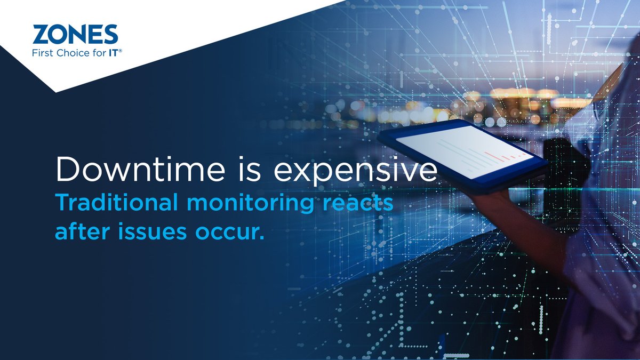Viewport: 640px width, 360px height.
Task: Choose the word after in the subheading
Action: click(79, 231)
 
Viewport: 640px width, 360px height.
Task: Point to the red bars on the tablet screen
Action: click(499, 155)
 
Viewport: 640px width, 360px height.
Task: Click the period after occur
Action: click(262, 237)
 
